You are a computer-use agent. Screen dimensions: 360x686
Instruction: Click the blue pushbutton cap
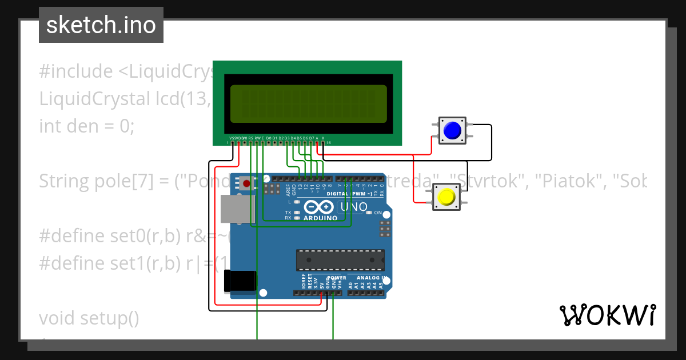[x=452, y=130]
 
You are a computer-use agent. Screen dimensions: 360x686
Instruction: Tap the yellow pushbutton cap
[x=446, y=197]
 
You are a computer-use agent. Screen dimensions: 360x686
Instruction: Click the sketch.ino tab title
[x=101, y=25]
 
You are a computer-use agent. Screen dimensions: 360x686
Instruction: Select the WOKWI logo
[x=607, y=315]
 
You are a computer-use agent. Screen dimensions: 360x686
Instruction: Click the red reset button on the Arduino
[x=246, y=183]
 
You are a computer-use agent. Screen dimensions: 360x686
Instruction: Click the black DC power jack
[x=240, y=281]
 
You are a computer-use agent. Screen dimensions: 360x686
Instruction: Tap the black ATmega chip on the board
[x=340, y=259]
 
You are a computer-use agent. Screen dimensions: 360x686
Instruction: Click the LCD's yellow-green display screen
[x=309, y=104]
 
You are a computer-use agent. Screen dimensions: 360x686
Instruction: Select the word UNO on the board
[x=354, y=207]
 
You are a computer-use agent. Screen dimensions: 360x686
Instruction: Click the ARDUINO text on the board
[x=320, y=218]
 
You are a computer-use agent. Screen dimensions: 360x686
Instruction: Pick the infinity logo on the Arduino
[x=319, y=207]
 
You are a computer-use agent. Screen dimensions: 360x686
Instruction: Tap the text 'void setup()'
[x=89, y=318]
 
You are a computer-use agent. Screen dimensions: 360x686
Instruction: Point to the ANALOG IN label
[x=372, y=278]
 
